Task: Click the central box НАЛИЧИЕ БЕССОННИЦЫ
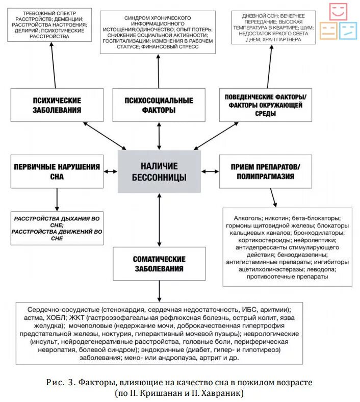tap(159, 172)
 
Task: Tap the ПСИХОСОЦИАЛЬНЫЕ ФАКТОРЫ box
tap(159, 105)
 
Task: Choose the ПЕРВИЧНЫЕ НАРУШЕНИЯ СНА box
tap(57, 172)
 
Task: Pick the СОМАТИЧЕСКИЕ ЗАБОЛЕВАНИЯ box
tap(159, 264)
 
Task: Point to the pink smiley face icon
tap(338, 11)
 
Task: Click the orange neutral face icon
tap(328, 31)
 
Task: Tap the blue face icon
tap(348, 31)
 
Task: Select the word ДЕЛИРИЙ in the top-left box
tap(22, 30)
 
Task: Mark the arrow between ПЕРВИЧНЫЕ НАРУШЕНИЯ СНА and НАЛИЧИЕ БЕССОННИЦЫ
tap(110, 172)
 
